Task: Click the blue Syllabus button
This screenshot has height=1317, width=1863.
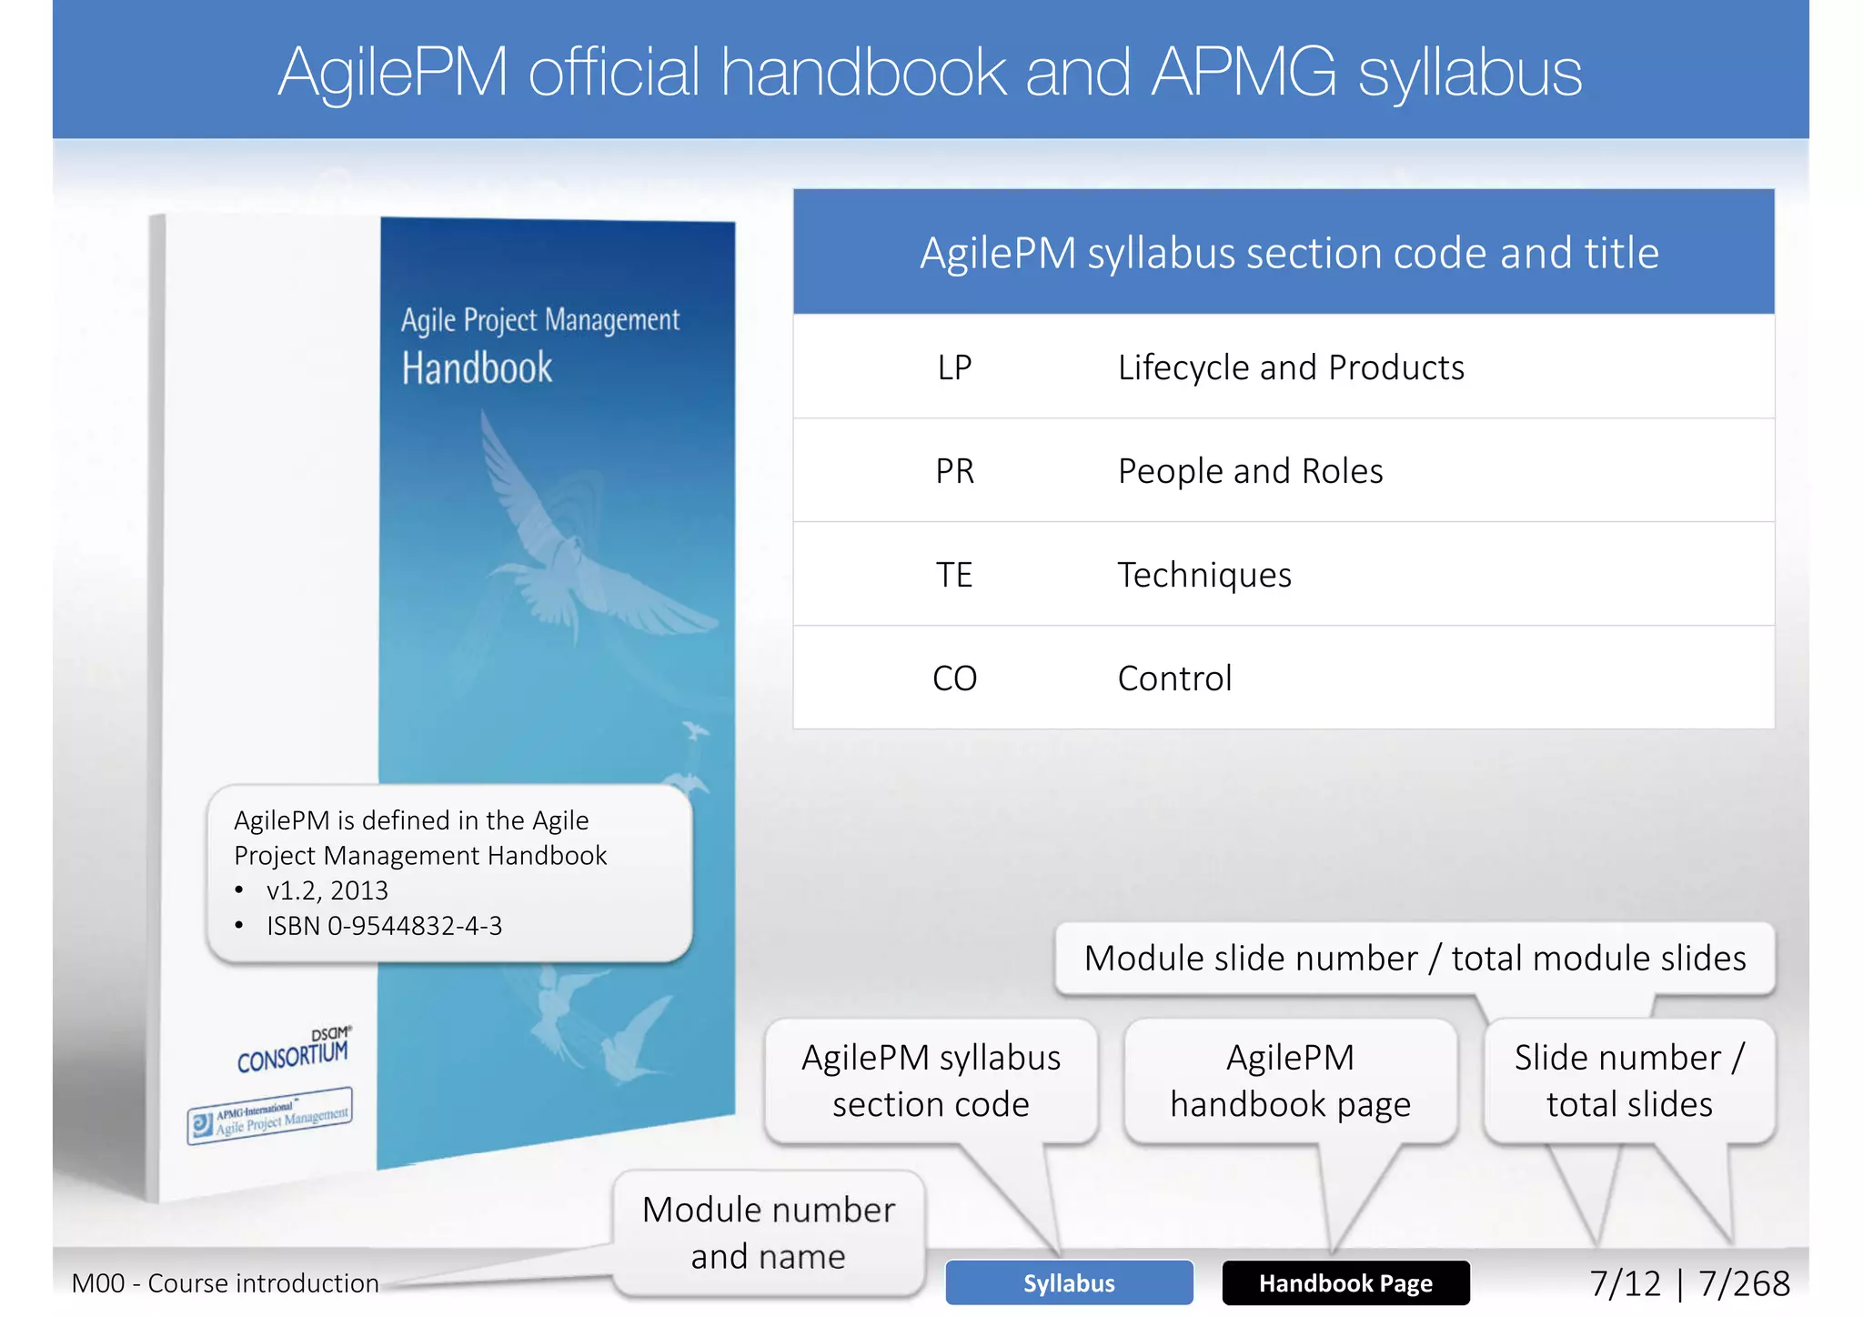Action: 1069,1282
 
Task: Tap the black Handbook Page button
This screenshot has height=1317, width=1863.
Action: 1345,1282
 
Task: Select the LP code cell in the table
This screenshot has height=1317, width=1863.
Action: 954,367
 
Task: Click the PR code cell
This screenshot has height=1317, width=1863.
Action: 954,471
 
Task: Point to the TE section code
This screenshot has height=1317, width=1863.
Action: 954,575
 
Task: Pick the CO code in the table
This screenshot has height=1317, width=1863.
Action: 954,679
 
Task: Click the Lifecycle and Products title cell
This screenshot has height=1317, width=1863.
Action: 1290,367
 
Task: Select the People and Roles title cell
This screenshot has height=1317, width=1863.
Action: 1250,471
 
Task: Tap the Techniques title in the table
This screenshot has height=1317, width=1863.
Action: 1203,575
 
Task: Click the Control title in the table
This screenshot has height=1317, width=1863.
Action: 1174,679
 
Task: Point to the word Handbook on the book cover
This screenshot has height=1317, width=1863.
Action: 477,368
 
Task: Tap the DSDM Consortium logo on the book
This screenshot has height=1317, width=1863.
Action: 293,1051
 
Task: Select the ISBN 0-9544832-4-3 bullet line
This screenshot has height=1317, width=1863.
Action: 384,926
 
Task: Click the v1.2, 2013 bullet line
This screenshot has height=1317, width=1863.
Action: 327,890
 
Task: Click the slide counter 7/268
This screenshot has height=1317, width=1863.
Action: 1744,1283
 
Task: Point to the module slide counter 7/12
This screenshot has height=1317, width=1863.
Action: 1625,1283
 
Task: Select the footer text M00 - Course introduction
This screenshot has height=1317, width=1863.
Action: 225,1283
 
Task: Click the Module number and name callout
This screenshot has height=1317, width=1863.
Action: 769,1232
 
